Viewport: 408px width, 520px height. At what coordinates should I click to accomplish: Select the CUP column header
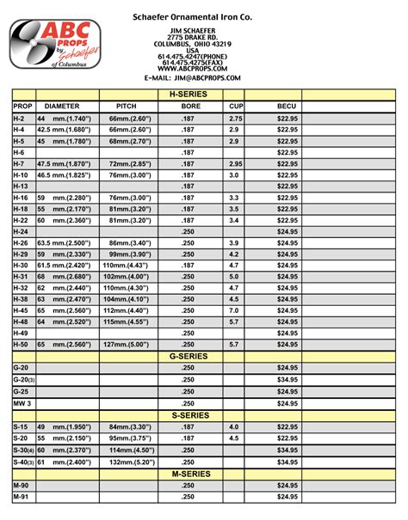[233, 105]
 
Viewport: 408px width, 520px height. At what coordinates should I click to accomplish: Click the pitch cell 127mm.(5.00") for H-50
[129, 344]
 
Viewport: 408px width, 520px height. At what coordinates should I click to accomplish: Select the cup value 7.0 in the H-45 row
[233, 310]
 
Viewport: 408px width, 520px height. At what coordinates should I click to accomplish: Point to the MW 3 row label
[22, 402]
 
